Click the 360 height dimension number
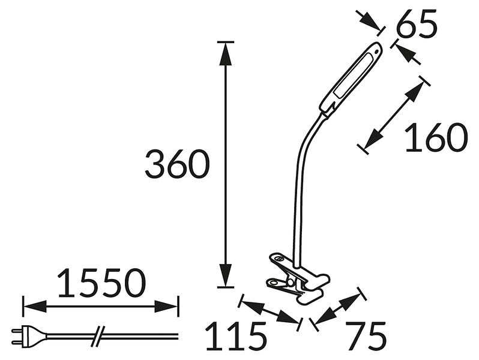click(177, 164)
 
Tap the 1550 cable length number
click(101, 283)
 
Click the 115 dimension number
click(236, 336)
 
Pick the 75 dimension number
click(366, 336)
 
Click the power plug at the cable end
click(29, 335)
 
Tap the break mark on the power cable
click(98, 336)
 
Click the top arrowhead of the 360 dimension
click(226, 54)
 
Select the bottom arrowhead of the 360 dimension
click(226, 275)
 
